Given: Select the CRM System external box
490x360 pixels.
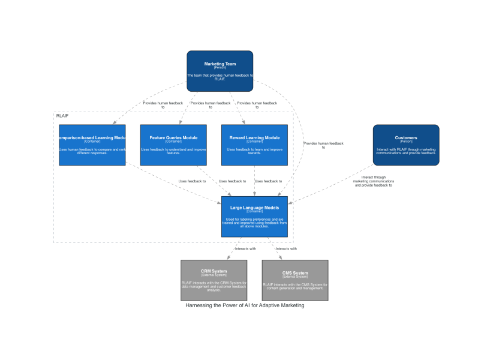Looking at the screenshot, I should [x=214, y=280].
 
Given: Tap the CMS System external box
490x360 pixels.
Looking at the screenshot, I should [x=294, y=280].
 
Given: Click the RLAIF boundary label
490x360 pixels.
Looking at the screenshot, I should [x=62, y=115].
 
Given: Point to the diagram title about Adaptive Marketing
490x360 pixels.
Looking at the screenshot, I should [x=245, y=305].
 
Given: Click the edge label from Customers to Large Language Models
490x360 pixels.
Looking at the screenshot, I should [x=373, y=181].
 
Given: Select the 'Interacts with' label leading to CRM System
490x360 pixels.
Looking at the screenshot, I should [x=245, y=248].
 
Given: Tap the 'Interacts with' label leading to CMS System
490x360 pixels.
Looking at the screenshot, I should [x=286, y=248].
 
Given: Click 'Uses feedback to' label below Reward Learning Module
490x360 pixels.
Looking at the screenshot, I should [x=268, y=181].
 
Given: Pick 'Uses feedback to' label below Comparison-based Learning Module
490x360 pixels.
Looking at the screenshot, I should [x=192, y=181].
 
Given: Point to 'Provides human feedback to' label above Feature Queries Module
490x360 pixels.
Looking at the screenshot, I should [x=210, y=105].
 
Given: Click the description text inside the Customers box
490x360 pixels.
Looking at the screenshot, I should [x=406, y=151].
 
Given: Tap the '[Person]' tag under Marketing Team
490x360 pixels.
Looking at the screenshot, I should [x=220, y=68].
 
